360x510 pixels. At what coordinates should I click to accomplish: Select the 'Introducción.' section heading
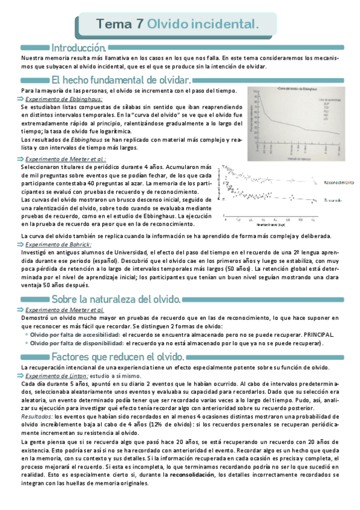click(79, 47)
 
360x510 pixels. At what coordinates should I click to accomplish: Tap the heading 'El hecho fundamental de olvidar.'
click(122, 80)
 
